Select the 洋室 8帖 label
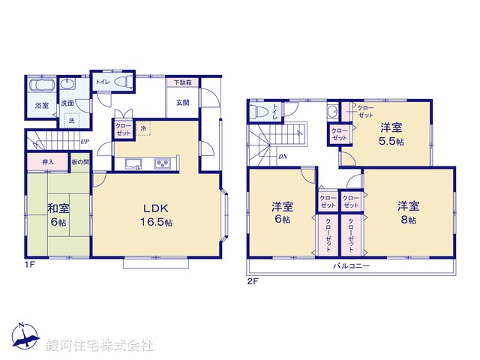[x=408, y=212]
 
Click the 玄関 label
[x=183, y=103]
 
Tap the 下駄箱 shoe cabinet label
[x=183, y=82]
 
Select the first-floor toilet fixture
[x=124, y=80]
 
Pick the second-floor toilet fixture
[x=259, y=112]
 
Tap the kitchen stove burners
[x=163, y=163]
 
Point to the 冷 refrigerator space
[x=143, y=129]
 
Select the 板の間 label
[x=80, y=161]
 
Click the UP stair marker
[x=85, y=142]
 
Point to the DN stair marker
[x=283, y=156]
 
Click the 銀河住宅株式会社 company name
[x=100, y=346]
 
